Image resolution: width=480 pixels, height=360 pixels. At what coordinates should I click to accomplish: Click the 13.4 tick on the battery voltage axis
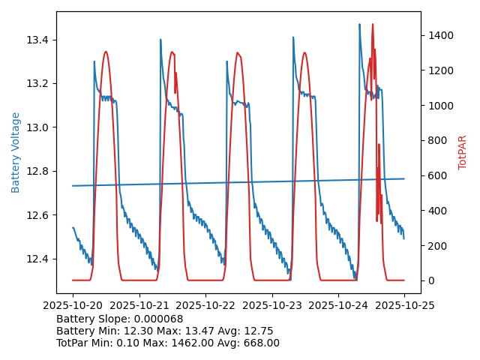39,40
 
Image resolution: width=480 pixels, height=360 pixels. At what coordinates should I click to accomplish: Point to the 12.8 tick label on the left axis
39,172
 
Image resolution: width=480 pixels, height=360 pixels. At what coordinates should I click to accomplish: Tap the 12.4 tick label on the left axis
39,259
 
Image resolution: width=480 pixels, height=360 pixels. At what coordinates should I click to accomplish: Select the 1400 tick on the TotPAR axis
439,35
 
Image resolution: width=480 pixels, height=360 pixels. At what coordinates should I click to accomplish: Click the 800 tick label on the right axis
436,140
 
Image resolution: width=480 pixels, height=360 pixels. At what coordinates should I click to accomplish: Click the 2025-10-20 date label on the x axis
73,306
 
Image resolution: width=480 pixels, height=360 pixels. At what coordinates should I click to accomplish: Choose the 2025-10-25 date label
404,306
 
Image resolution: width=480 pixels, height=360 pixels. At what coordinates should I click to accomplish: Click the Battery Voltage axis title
16,152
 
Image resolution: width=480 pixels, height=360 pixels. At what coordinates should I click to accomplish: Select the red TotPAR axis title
463,152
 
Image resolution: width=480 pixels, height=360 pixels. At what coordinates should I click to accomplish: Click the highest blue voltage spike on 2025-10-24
359,24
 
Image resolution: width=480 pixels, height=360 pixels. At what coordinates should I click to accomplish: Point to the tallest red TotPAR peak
372,24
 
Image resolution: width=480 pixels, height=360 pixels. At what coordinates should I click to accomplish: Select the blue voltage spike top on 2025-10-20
94,61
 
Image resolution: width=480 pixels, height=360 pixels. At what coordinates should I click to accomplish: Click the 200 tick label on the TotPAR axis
436,246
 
